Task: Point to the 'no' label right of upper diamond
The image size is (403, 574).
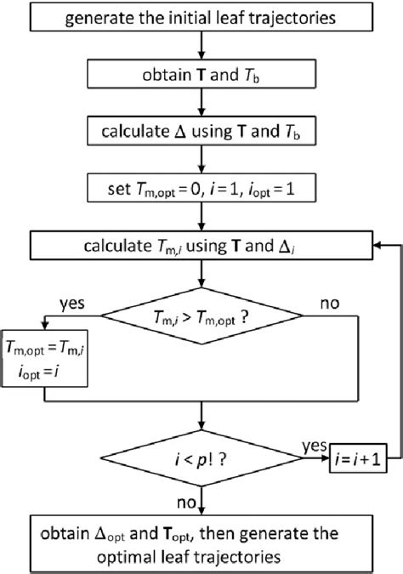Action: tap(331, 302)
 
